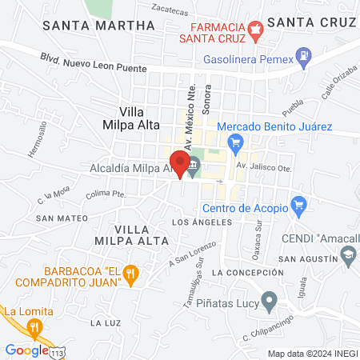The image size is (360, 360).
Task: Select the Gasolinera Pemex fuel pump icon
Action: [305, 56]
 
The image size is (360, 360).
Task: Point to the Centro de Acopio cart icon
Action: [298, 206]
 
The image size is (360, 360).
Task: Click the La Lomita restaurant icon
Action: [34, 326]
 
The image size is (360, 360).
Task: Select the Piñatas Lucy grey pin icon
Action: [270, 302]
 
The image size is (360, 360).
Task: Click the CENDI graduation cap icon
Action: [348, 254]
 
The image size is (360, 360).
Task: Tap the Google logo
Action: [26, 350]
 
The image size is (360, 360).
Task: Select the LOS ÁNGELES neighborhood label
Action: [202, 222]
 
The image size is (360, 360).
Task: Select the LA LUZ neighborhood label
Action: [106, 322]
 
